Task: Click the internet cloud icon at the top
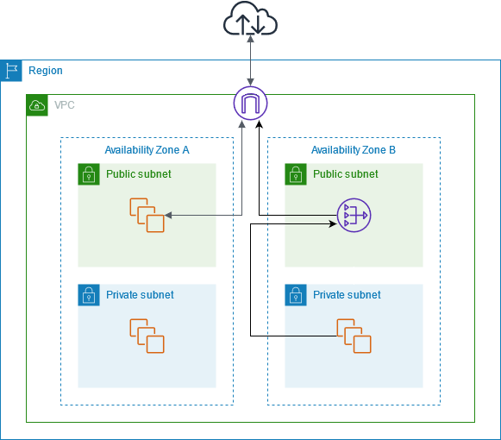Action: (250, 19)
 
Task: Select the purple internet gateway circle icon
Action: (250, 104)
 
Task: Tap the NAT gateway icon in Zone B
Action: (353, 215)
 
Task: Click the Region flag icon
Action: (11, 71)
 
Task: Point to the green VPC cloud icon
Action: (37, 105)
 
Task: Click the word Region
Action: (46, 71)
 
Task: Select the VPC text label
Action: (65, 105)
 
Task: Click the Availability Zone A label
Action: (147, 150)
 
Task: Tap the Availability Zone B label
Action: (354, 150)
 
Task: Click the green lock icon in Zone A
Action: (89, 174)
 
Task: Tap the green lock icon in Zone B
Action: (296, 174)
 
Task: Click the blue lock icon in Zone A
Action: (89, 295)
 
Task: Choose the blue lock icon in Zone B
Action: (296, 295)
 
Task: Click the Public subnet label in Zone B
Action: (345, 174)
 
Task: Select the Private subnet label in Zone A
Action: (140, 295)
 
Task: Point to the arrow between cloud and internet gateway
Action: (250, 60)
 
